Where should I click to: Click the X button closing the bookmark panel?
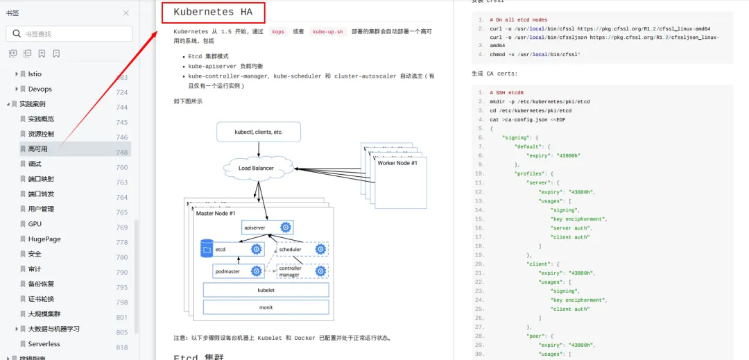[126, 12]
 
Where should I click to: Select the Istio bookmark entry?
[35, 74]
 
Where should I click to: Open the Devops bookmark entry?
[40, 89]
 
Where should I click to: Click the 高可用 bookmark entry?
[37, 149]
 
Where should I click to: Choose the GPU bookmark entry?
[35, 224]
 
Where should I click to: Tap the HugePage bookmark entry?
[44, 239]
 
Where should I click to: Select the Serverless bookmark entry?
[44, 344]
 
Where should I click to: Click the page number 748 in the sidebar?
[122, 153]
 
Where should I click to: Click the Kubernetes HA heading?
[213, 12]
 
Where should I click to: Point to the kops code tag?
[277, 32]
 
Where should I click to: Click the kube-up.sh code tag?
[328, 32]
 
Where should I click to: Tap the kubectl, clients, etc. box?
[259, 131]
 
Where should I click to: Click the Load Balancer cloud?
[256, 168]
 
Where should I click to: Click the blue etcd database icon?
[207, 248]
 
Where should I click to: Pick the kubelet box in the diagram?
[266, 290]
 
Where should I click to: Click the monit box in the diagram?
[266, 307]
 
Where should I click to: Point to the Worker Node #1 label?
[397, 163]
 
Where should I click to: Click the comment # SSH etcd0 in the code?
[506, 92]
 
